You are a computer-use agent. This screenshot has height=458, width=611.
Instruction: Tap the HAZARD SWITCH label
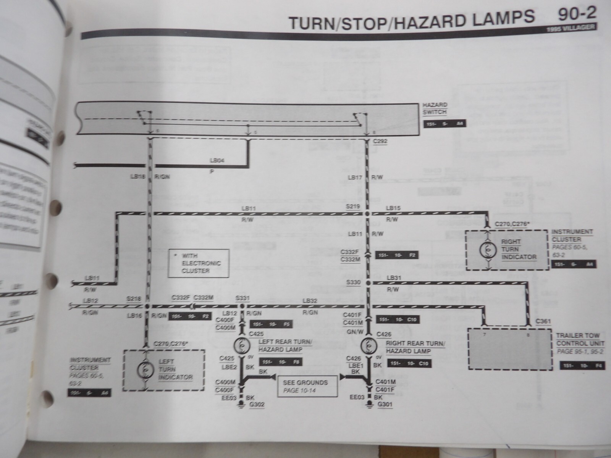435,108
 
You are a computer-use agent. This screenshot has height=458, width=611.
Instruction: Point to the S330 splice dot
368,283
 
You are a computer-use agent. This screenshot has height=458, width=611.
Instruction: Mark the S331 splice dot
241,306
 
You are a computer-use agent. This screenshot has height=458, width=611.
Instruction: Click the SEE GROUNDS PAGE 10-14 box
307,386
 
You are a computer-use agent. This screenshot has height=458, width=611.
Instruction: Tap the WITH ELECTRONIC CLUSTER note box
199,263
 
